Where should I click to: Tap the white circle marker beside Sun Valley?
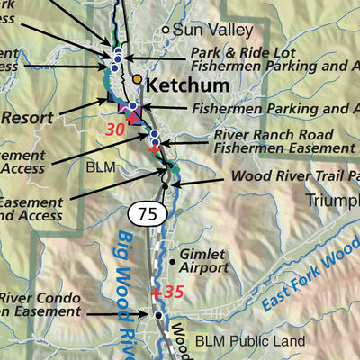point(166,30)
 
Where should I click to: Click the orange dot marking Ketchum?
point(137,79)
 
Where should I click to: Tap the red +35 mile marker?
point(167,292)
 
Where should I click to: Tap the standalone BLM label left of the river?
point(101,167)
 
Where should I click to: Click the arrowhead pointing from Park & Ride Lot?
point(124,58)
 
